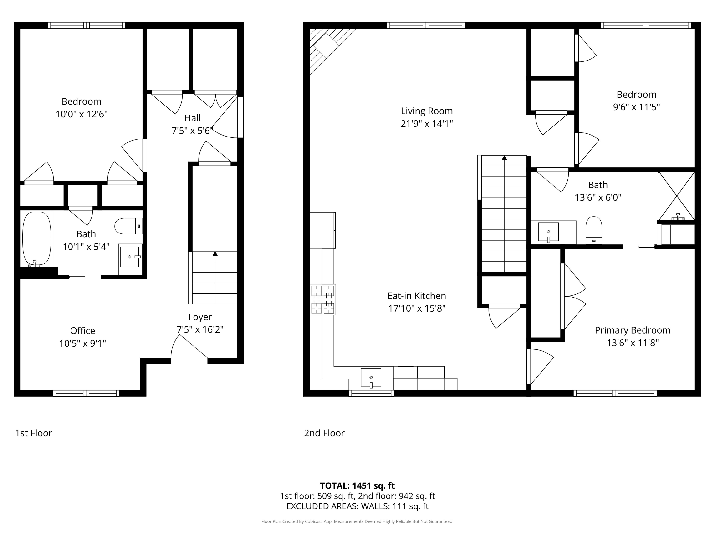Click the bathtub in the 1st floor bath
point(36,239)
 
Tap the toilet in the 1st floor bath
point(129,226)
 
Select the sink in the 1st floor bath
point(130,257)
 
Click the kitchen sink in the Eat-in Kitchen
point(371,378)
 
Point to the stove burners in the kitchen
point(323,299)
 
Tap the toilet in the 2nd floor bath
point(594,230)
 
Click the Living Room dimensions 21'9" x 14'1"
point(427,123)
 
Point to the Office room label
point(82,330)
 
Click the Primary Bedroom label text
point(633,330)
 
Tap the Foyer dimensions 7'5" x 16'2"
point(200,329)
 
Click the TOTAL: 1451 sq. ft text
point(357,485)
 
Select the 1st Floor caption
point(34,433)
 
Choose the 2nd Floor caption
point(324,433)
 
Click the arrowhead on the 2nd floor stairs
point(504,158)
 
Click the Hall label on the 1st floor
point(193,118)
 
